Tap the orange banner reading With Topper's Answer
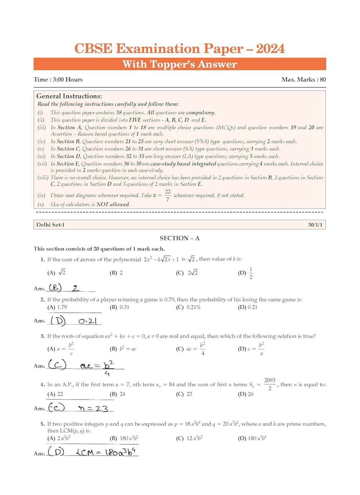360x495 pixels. [180, 64]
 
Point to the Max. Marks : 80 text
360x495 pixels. [303, 80]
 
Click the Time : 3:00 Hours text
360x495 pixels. [58, 80]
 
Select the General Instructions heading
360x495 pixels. [69, 96]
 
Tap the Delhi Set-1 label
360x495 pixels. [50, 225]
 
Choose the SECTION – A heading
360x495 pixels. [180, 238]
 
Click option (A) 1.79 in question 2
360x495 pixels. [56, 307]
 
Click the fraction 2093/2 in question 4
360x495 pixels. [270, 384]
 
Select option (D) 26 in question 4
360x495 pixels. [246, 394]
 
